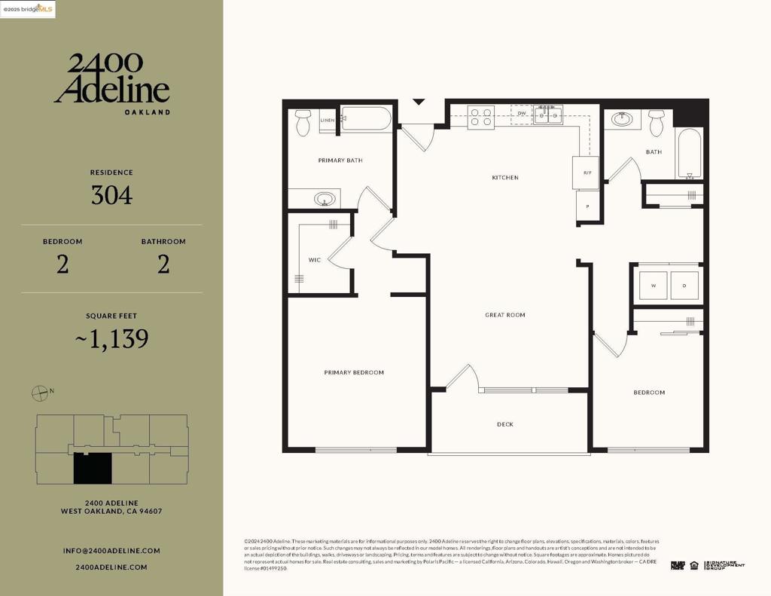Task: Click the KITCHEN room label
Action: point(505,178)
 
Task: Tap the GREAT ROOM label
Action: point(505,315)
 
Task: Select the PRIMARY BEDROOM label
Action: point(354,372)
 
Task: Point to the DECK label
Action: point(505,424)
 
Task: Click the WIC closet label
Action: point(315,260)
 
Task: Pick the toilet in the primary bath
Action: point(303,122)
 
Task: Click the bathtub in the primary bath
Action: point(366,119)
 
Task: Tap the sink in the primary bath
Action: point(325,200)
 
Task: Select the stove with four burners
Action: point(481,118)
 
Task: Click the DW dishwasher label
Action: point(521,114)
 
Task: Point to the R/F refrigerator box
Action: point(587,173)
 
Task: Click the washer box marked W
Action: point(653,286)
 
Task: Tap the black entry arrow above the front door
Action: point(419,102)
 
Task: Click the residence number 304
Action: point(111,196)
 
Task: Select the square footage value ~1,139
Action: point(111,339)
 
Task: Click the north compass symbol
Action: point(40,393)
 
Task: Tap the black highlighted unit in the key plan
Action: point(92,469)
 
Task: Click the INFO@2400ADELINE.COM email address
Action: point(111,551)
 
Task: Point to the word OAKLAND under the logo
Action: point(147,112)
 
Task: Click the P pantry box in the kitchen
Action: point(587,205)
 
